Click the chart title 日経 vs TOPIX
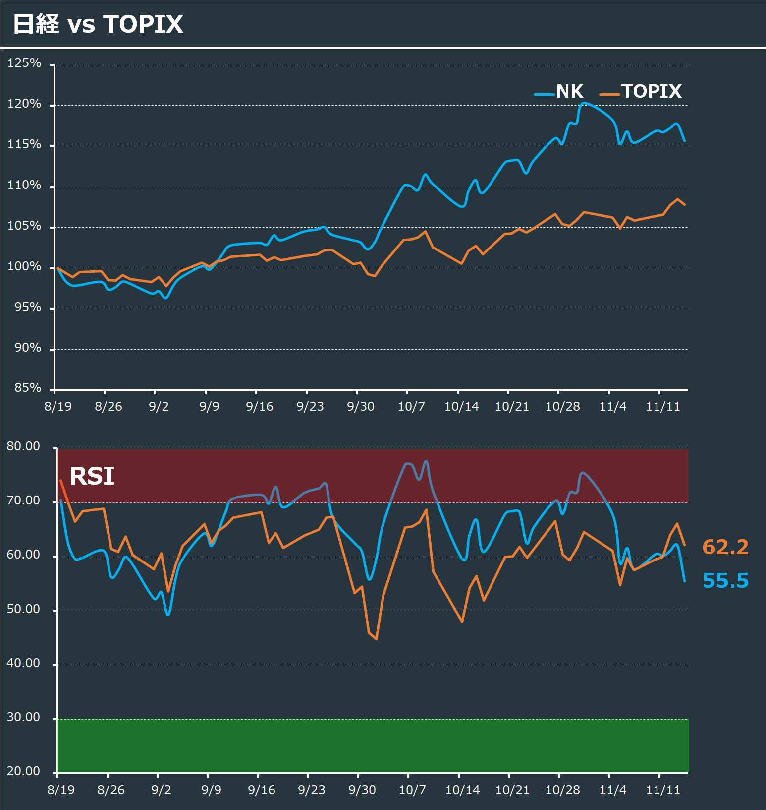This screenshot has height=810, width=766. (x=98, y=24)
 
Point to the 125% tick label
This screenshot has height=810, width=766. (x=24, y=63)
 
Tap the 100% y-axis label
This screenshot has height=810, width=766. (x=24, y=266)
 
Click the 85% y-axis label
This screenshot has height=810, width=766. (x=28, y=388)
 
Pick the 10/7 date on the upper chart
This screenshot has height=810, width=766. (x=411, y=407)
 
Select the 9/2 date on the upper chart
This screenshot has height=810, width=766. (x=159, y=407)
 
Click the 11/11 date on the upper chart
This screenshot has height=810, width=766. (x=663, y=407)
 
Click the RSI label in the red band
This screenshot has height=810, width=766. (x=92, y=476)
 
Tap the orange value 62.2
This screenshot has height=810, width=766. (x=725, y=547)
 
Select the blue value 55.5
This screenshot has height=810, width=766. (x=725, y=580)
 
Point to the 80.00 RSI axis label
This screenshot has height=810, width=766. (x=23, y=446)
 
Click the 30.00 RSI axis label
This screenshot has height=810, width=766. (x=23, y=717)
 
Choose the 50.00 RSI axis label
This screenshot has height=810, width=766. (x=23, y=609)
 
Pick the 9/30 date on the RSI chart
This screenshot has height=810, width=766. (x=362, y=790)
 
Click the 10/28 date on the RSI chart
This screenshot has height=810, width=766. (x=562, y=790)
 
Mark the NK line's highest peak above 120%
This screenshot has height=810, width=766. (x=585, y=103)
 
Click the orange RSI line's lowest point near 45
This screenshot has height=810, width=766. (x=377, y=639)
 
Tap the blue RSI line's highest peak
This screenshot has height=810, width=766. (x=426, y=461)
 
